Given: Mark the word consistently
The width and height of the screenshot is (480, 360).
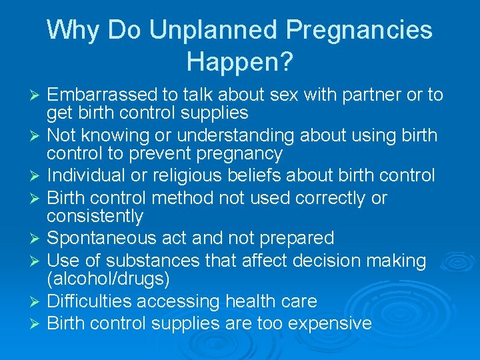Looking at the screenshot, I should point(95,216).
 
